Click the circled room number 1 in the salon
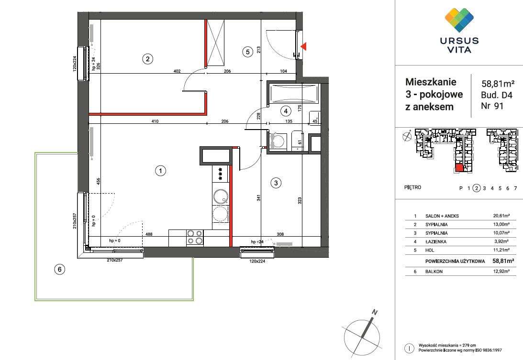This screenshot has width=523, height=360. tap(160, 171)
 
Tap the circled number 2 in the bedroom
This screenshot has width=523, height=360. tap(147, 59)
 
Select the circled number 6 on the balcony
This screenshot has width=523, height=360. tap(59, 269)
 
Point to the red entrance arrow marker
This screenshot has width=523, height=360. tap(303, 47)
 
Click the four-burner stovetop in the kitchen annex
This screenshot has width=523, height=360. tap(195, 237)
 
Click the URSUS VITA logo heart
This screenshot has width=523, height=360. tap(460, 20)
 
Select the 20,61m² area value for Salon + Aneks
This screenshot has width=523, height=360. tap(501, 216)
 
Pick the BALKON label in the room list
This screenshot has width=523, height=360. tap(434, 272)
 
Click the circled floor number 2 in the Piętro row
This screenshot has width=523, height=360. tap(477, 188)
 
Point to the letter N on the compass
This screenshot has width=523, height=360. tap(375, 312)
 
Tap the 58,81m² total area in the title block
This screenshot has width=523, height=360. tap(498, 83)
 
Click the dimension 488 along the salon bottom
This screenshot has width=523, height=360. tap(149, 234)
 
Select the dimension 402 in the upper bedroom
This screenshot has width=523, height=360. tap(177, 71)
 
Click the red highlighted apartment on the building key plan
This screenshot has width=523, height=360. tap(459, 168)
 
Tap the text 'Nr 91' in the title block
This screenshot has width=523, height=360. tap(492, 106)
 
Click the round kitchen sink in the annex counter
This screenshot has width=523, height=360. tap(220, 196)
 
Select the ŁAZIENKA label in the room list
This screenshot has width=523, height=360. tap(435, 241)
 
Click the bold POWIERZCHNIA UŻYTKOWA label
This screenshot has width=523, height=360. tap(455, 262)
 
